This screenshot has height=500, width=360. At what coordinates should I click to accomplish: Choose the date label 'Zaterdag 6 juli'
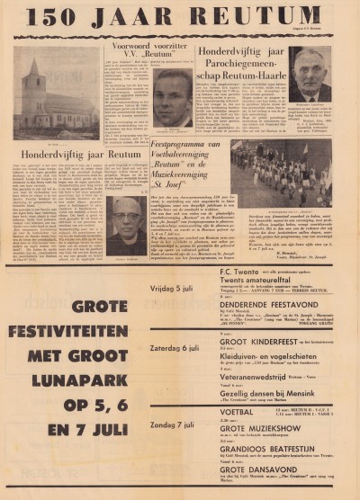click(169, 347)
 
